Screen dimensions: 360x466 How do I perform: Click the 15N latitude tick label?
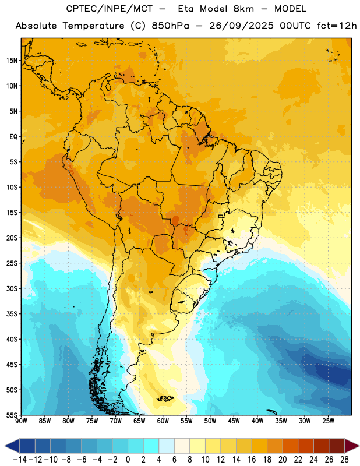tap(12, 61)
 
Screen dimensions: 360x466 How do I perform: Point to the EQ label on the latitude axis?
tap(13, 137)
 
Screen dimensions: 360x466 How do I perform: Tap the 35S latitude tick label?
tap(12, 314)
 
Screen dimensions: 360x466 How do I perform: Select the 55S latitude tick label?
tap(12, 415)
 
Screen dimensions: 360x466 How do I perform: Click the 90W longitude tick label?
tap(22, 421)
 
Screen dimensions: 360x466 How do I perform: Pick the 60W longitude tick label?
tap(163, 421)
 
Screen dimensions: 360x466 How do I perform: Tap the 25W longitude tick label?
tap(328, 421)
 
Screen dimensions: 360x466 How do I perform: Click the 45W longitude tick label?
tap(234, 421)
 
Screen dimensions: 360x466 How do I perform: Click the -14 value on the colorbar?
tap(20, 460)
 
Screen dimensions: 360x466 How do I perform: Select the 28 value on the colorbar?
tap(344, 460)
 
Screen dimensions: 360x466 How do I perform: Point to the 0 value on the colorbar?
tap(128, 460)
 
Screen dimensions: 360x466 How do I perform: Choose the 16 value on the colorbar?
tap(252, 460)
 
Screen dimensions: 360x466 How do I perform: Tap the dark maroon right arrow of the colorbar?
tap(351, 446)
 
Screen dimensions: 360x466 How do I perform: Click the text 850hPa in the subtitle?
tap(170, 26)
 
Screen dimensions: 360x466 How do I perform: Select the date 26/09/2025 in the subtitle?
tap(241, 26)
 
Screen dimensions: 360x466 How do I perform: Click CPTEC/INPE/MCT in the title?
tap(109, 9)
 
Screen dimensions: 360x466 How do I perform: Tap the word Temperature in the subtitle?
tap(93, 26)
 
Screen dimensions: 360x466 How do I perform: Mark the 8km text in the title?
tap(243, 9)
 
